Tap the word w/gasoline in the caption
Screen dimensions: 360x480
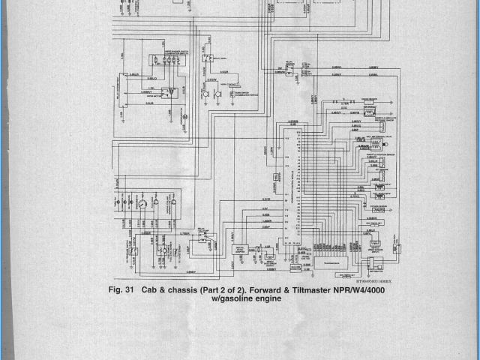232,298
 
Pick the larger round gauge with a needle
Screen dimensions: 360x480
140,204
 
